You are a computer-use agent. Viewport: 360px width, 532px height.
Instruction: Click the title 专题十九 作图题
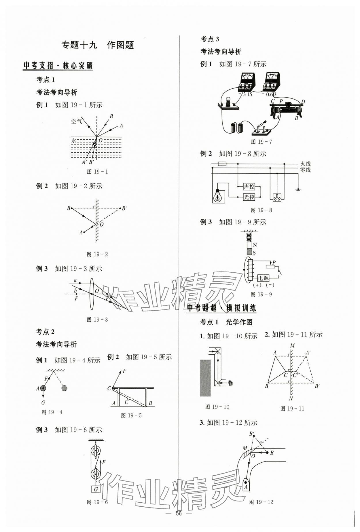coord(98,45)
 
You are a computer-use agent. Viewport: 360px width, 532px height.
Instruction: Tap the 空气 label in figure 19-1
coord(77,121)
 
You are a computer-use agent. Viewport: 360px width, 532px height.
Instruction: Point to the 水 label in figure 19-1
coord(74,140)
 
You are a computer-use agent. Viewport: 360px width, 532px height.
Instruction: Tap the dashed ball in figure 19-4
coord(65,388)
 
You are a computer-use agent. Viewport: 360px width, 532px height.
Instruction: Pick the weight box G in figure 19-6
coord(96,489)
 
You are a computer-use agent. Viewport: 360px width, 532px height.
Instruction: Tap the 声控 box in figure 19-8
coord(249,187)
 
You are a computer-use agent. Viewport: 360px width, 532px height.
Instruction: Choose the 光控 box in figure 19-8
coord(249,197)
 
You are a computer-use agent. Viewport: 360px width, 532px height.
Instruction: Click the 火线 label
coord(305,164)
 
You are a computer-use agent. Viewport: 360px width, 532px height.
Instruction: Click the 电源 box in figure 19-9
coord(263,278)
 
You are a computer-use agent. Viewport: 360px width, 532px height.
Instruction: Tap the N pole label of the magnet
coord(255,245)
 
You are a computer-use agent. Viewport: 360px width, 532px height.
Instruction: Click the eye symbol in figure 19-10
coord(230,383)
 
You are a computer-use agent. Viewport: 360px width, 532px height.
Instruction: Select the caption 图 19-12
coord(261,502)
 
